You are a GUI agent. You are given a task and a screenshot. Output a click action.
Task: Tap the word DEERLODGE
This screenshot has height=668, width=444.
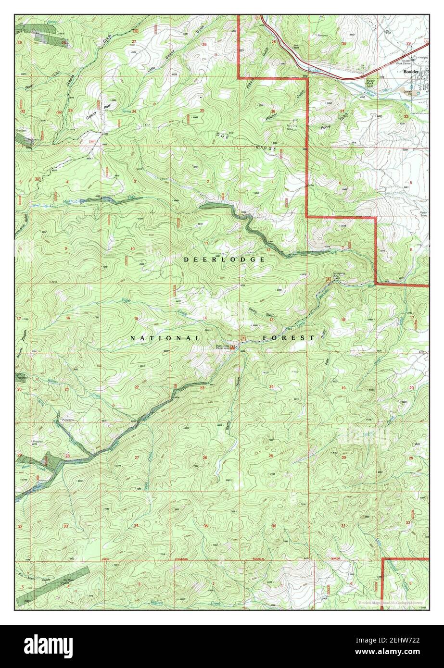click(x=224, y=260)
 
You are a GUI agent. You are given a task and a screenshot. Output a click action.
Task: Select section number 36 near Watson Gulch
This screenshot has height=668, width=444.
click(x=273, y=111)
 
